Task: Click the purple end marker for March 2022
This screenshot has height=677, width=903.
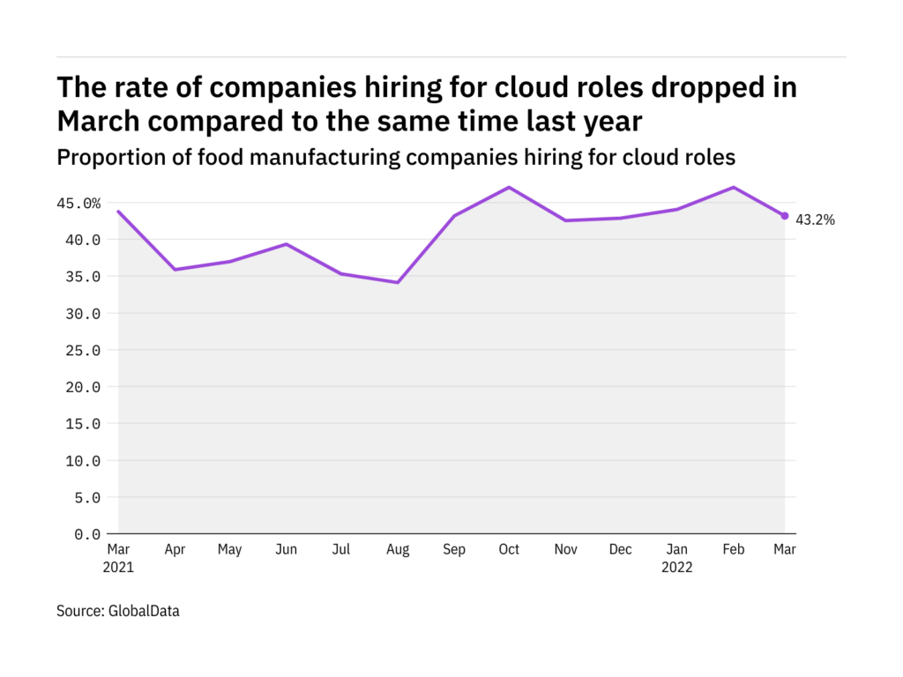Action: (x=785, y=216)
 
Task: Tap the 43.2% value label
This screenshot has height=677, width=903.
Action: (x=815, y=220)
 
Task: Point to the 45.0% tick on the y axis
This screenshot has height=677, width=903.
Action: (x=79, y=204)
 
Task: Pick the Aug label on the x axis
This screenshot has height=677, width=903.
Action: (x=398, y=550)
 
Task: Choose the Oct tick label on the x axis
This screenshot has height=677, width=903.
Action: (x=509, y=550)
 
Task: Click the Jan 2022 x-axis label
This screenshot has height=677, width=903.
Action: (x=676, y=558)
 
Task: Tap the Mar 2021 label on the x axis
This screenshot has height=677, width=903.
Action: (x=118, y=558)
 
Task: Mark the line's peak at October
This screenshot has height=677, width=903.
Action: (x=510, y=187)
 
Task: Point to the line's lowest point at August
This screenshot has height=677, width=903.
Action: (x=398, y=283)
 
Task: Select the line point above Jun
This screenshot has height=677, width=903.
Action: (x=286, y=244)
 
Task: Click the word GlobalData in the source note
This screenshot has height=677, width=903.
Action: (x=144, y=610)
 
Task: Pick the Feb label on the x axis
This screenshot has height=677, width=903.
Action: (x=734, y=550)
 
